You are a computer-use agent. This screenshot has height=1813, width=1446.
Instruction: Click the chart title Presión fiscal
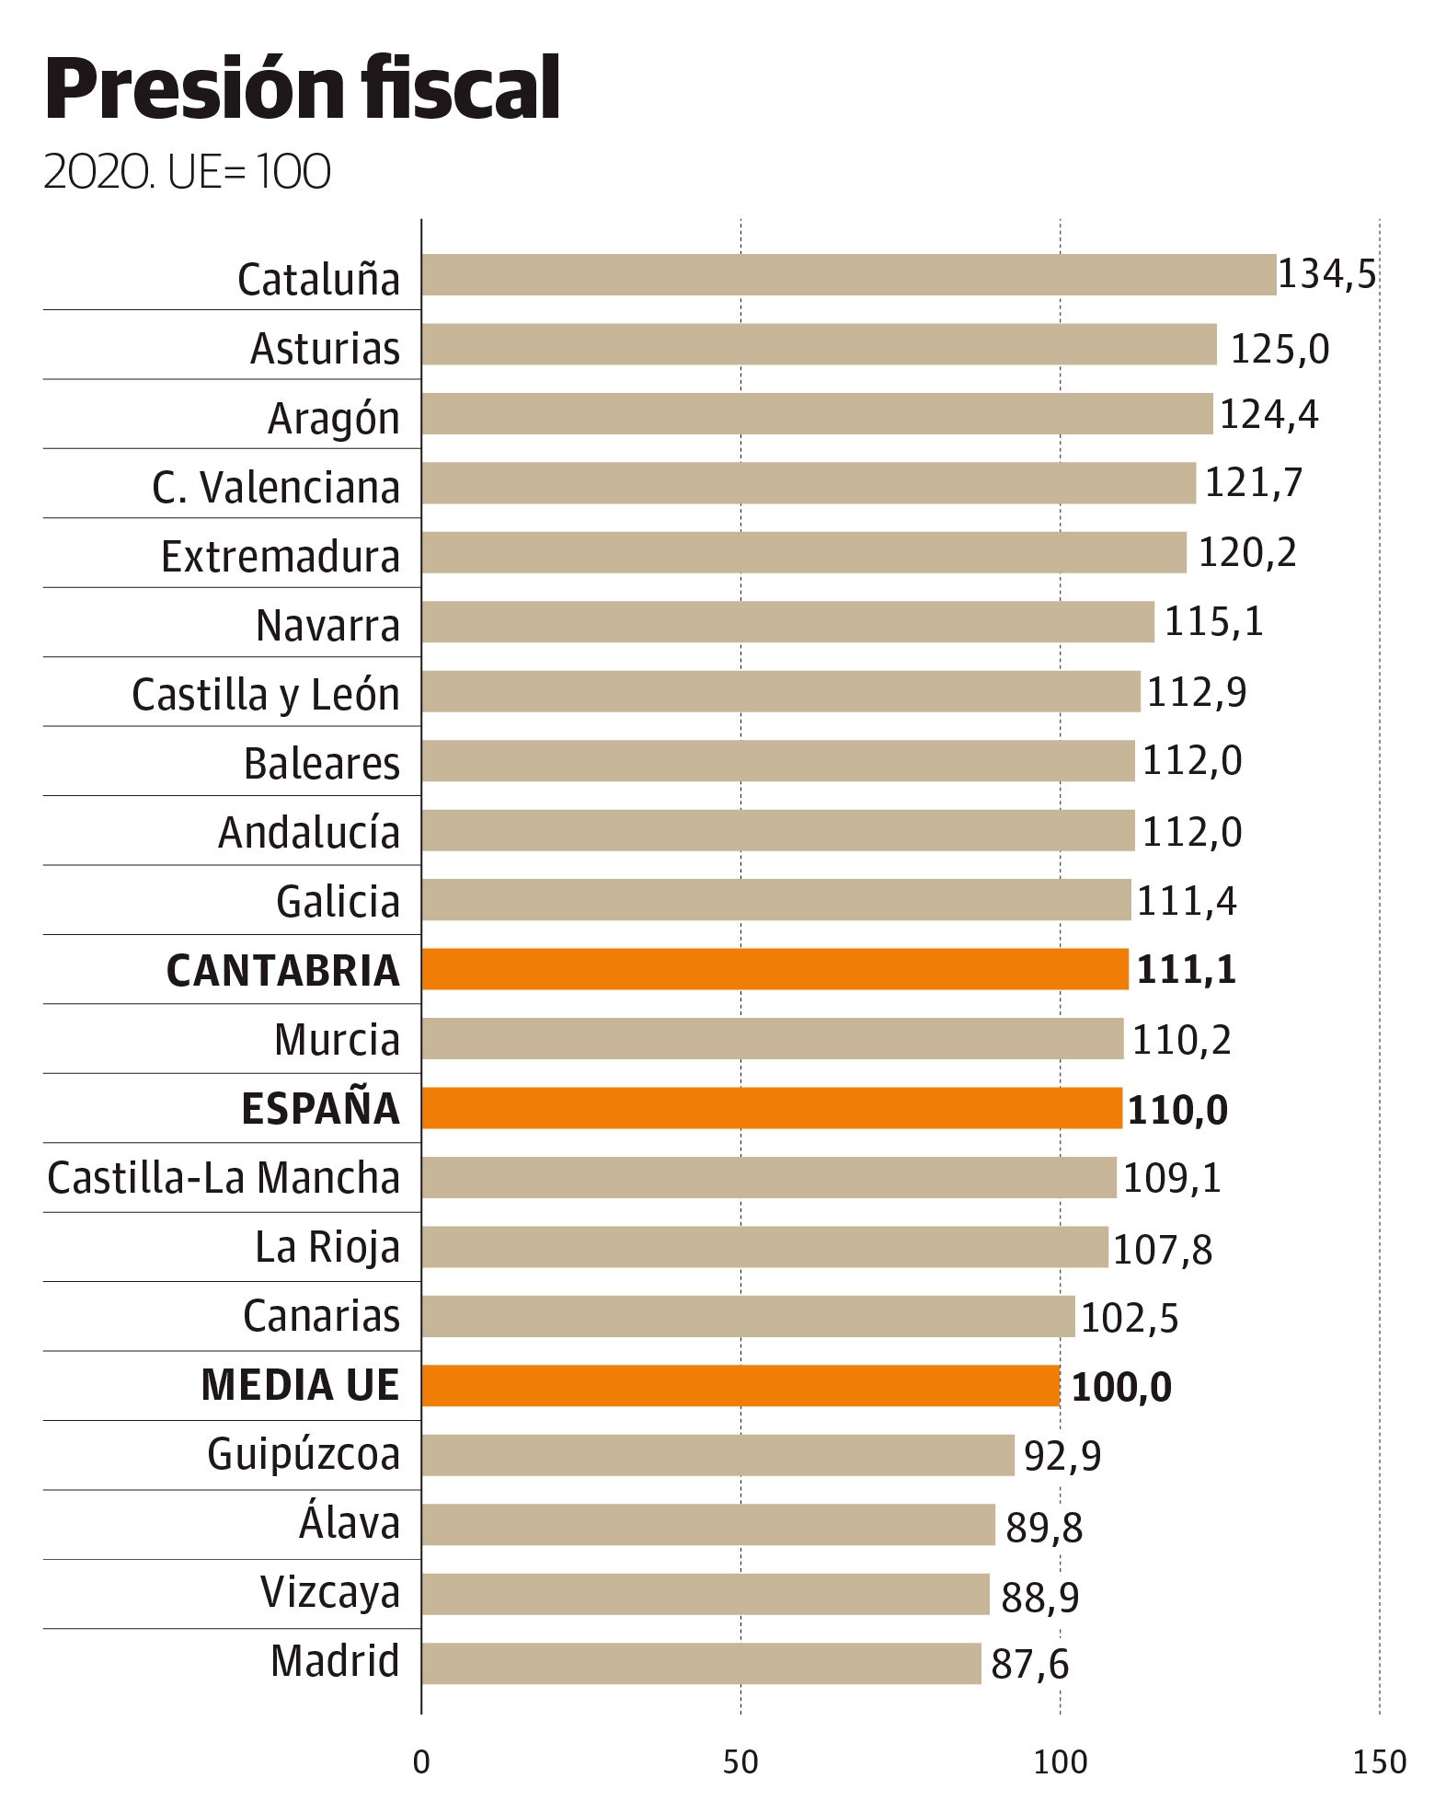302,89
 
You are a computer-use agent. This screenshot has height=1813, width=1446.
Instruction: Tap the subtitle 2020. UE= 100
187,172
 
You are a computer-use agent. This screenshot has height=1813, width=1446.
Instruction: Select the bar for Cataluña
848,275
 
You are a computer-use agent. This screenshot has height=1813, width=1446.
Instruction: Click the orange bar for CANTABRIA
775,969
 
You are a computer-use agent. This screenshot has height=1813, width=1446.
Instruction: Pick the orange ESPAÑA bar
771,1108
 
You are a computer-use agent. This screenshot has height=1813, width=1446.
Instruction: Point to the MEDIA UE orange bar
740,1385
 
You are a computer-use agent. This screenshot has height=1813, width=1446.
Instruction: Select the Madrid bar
701,1663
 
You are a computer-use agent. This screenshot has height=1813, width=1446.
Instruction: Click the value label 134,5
1326,274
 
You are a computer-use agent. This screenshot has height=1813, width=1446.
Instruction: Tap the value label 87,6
1029,1665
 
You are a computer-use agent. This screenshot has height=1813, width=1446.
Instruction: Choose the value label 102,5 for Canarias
1129,1318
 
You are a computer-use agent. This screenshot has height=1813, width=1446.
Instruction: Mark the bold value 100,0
1121,1387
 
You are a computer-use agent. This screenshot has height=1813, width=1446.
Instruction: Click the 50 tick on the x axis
740,1761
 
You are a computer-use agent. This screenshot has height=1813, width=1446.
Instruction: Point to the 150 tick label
1379,1761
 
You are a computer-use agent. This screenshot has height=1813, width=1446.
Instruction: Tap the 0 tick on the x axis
421,1761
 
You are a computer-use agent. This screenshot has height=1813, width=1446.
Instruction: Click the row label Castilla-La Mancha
224,1178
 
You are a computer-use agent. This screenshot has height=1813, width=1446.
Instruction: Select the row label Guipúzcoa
304,1455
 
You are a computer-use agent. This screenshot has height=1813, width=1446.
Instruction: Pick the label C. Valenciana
276,487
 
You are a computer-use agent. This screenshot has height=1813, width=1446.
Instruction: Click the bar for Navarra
787,622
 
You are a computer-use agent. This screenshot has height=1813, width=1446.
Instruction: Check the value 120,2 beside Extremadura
1246,553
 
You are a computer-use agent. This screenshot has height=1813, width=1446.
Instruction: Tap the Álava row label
350,1523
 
